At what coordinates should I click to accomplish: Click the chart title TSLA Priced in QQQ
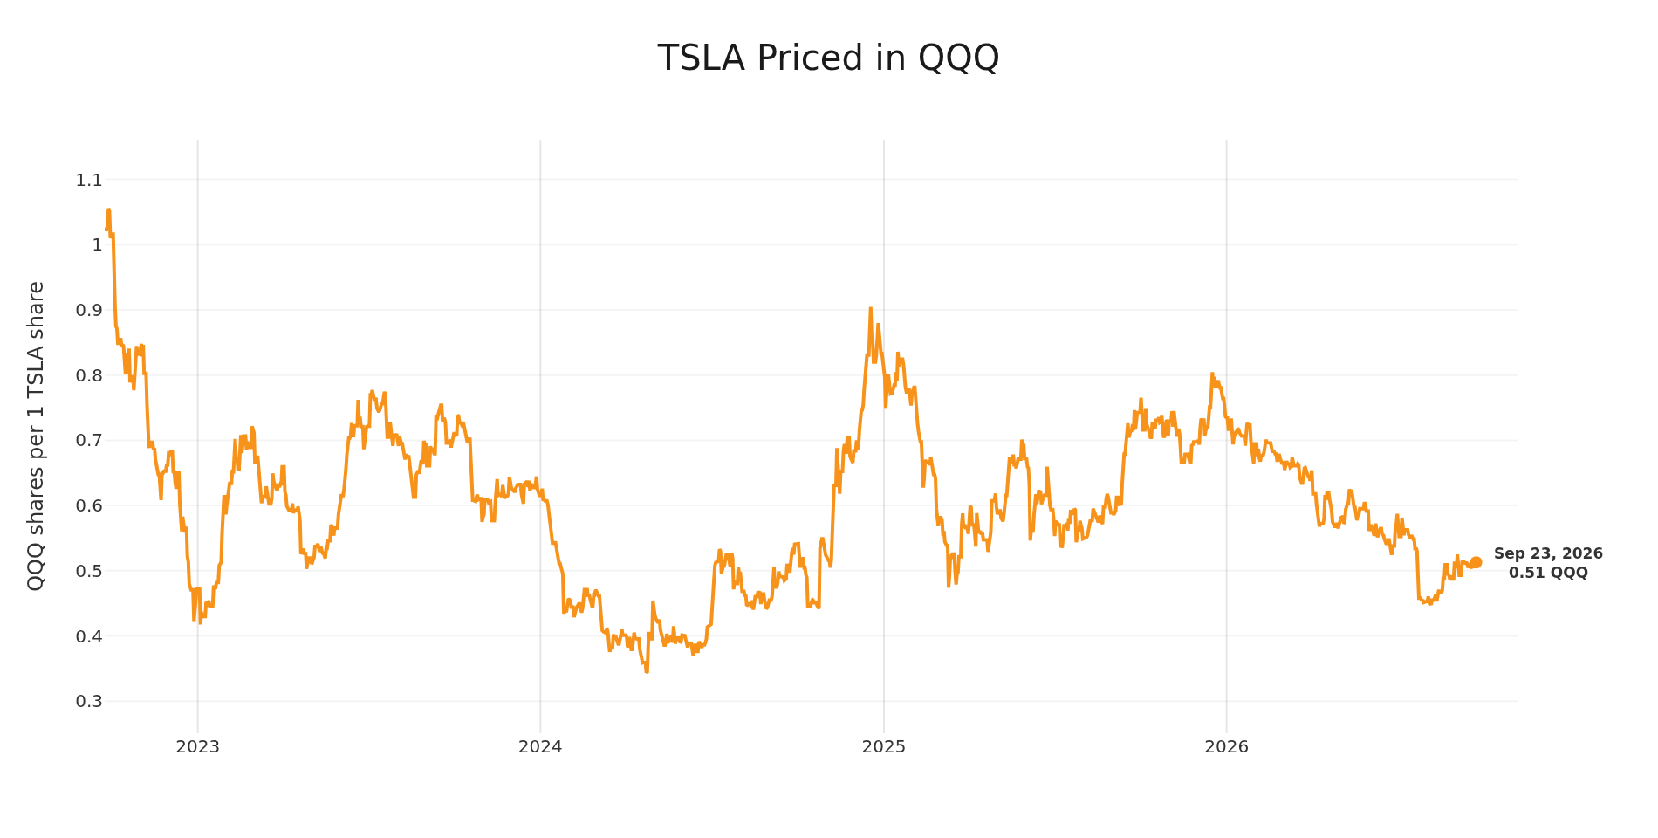828,58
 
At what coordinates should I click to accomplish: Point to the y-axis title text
36,436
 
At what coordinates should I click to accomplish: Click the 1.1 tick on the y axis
89,181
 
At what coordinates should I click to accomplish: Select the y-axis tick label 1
97,245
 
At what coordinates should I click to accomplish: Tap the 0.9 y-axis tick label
89,311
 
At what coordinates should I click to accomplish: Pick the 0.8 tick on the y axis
89,376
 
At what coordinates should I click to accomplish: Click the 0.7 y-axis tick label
89,441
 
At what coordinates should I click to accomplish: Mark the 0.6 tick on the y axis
89,506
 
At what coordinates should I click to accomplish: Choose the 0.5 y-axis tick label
89,572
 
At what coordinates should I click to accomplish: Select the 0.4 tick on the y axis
89,636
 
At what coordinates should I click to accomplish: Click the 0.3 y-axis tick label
89,702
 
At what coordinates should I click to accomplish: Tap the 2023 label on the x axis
198,747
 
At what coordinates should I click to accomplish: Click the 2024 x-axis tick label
540,747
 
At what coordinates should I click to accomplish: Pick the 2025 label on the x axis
884,747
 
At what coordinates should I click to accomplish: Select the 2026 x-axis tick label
1226,747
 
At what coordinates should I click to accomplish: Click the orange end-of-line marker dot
1476,563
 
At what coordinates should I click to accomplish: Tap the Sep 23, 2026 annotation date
1548,554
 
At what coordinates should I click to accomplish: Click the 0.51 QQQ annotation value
1548,574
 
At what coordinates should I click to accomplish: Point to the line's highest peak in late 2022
109,209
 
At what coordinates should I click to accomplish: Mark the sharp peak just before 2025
870,308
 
